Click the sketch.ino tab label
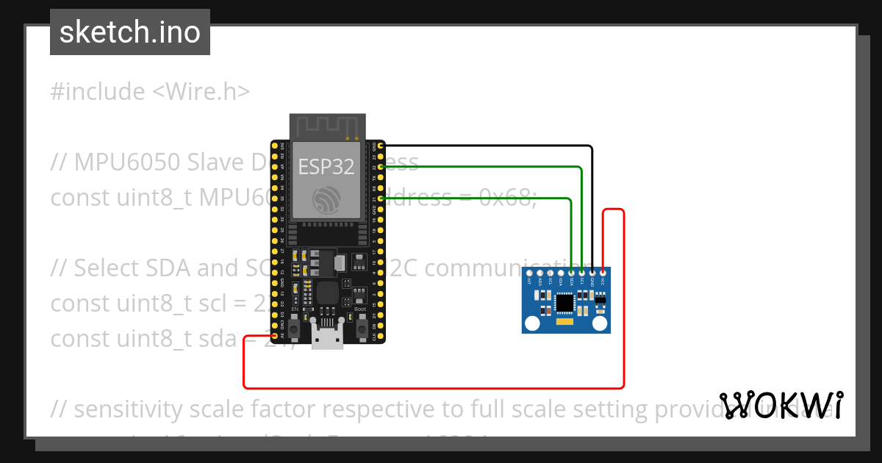130,32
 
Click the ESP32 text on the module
326,167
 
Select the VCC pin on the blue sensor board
603,273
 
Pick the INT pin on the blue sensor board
529,273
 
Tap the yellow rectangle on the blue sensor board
564,323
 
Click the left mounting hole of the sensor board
531,323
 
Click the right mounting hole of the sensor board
600,323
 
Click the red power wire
434,387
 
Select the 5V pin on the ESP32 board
276,337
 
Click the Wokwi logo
781,405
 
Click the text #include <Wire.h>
151,92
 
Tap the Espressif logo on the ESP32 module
326,199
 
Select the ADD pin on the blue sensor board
539,273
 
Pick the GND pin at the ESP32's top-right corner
381,146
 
